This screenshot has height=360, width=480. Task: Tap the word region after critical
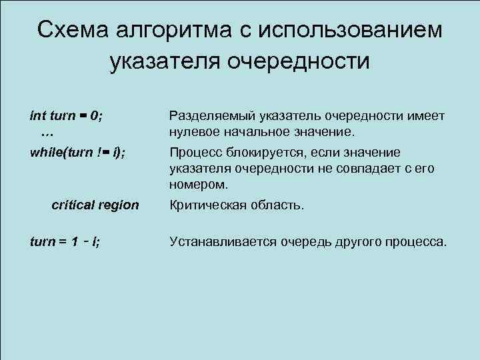pyautogui.click(x=119, y=205)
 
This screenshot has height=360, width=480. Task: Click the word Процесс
pyautogui.click(x=196, y=152)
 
